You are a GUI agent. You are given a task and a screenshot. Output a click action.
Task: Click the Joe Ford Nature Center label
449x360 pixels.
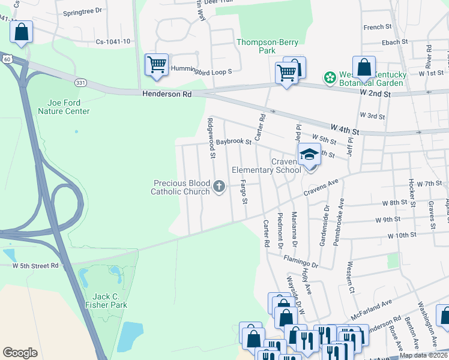click(64, 107)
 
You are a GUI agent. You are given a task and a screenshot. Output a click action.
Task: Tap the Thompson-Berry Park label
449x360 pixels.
click(264, 47)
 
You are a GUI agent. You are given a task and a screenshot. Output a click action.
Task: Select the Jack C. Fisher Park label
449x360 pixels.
click(110, 301)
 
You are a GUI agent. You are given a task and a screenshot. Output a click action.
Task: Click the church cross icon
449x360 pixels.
click(219, 187)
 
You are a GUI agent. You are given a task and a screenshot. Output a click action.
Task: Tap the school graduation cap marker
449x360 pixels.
click(309, 155)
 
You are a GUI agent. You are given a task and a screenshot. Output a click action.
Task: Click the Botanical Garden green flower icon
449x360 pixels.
click(329, 77)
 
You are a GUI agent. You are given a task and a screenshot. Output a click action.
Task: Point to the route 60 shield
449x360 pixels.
click(6, 59)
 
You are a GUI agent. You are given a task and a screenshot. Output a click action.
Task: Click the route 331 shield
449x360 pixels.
click(80, 81)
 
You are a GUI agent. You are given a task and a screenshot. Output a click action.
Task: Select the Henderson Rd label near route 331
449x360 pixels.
click(167, 94)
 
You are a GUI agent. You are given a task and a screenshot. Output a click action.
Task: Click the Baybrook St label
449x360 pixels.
click(234, 142)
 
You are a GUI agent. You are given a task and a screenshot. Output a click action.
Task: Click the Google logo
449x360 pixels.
click(20, 353)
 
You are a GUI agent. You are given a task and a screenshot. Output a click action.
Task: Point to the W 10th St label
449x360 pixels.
click(402, 235)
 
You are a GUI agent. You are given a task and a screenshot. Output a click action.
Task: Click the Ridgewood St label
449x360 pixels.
click(211, 138)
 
